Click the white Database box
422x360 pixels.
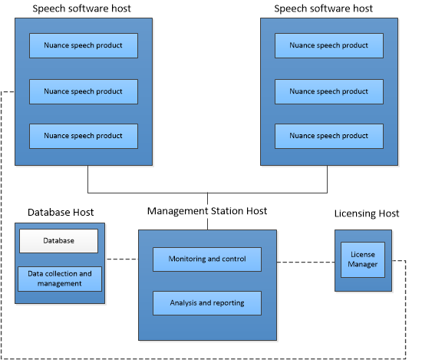pyautogui.click(x=58, y=241)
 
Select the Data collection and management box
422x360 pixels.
pyautogui.click(x=60, y=279)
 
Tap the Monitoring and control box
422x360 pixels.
pyautogui.click(x=207, y=259)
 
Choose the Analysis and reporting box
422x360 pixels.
pyautogui.click(x=207, y=303)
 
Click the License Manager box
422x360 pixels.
pyautogui.click(x=363, y=259)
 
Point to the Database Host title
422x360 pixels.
pyautogui.click(x=61, y=213)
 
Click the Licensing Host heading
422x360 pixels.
pyautogui.click(x=367, y=213)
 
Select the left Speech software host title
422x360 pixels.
pyautogui.click(x=81, y=8)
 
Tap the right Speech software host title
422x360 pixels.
pyautogui.click(x=323, y=8)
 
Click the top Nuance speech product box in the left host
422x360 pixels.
pyautogui.click(x=84, y=45)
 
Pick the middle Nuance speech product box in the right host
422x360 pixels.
pyautogui.click(x=329, y=91)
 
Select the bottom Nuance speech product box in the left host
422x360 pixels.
pyautogui.click(x=84, y=136)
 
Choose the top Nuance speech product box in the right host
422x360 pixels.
pyautogui.click(x=329, y=45)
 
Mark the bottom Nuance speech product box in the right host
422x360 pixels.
pyautogui.click(x=329, y=136)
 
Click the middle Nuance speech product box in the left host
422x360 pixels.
pyautogui.click(x=84, y=91)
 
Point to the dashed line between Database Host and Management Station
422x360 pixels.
pyautogui.click(x=123, y=259)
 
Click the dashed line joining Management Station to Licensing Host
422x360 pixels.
pyautogui.click(x=305, y=262)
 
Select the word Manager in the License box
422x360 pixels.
pyautogui.click(x=362, y=264)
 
